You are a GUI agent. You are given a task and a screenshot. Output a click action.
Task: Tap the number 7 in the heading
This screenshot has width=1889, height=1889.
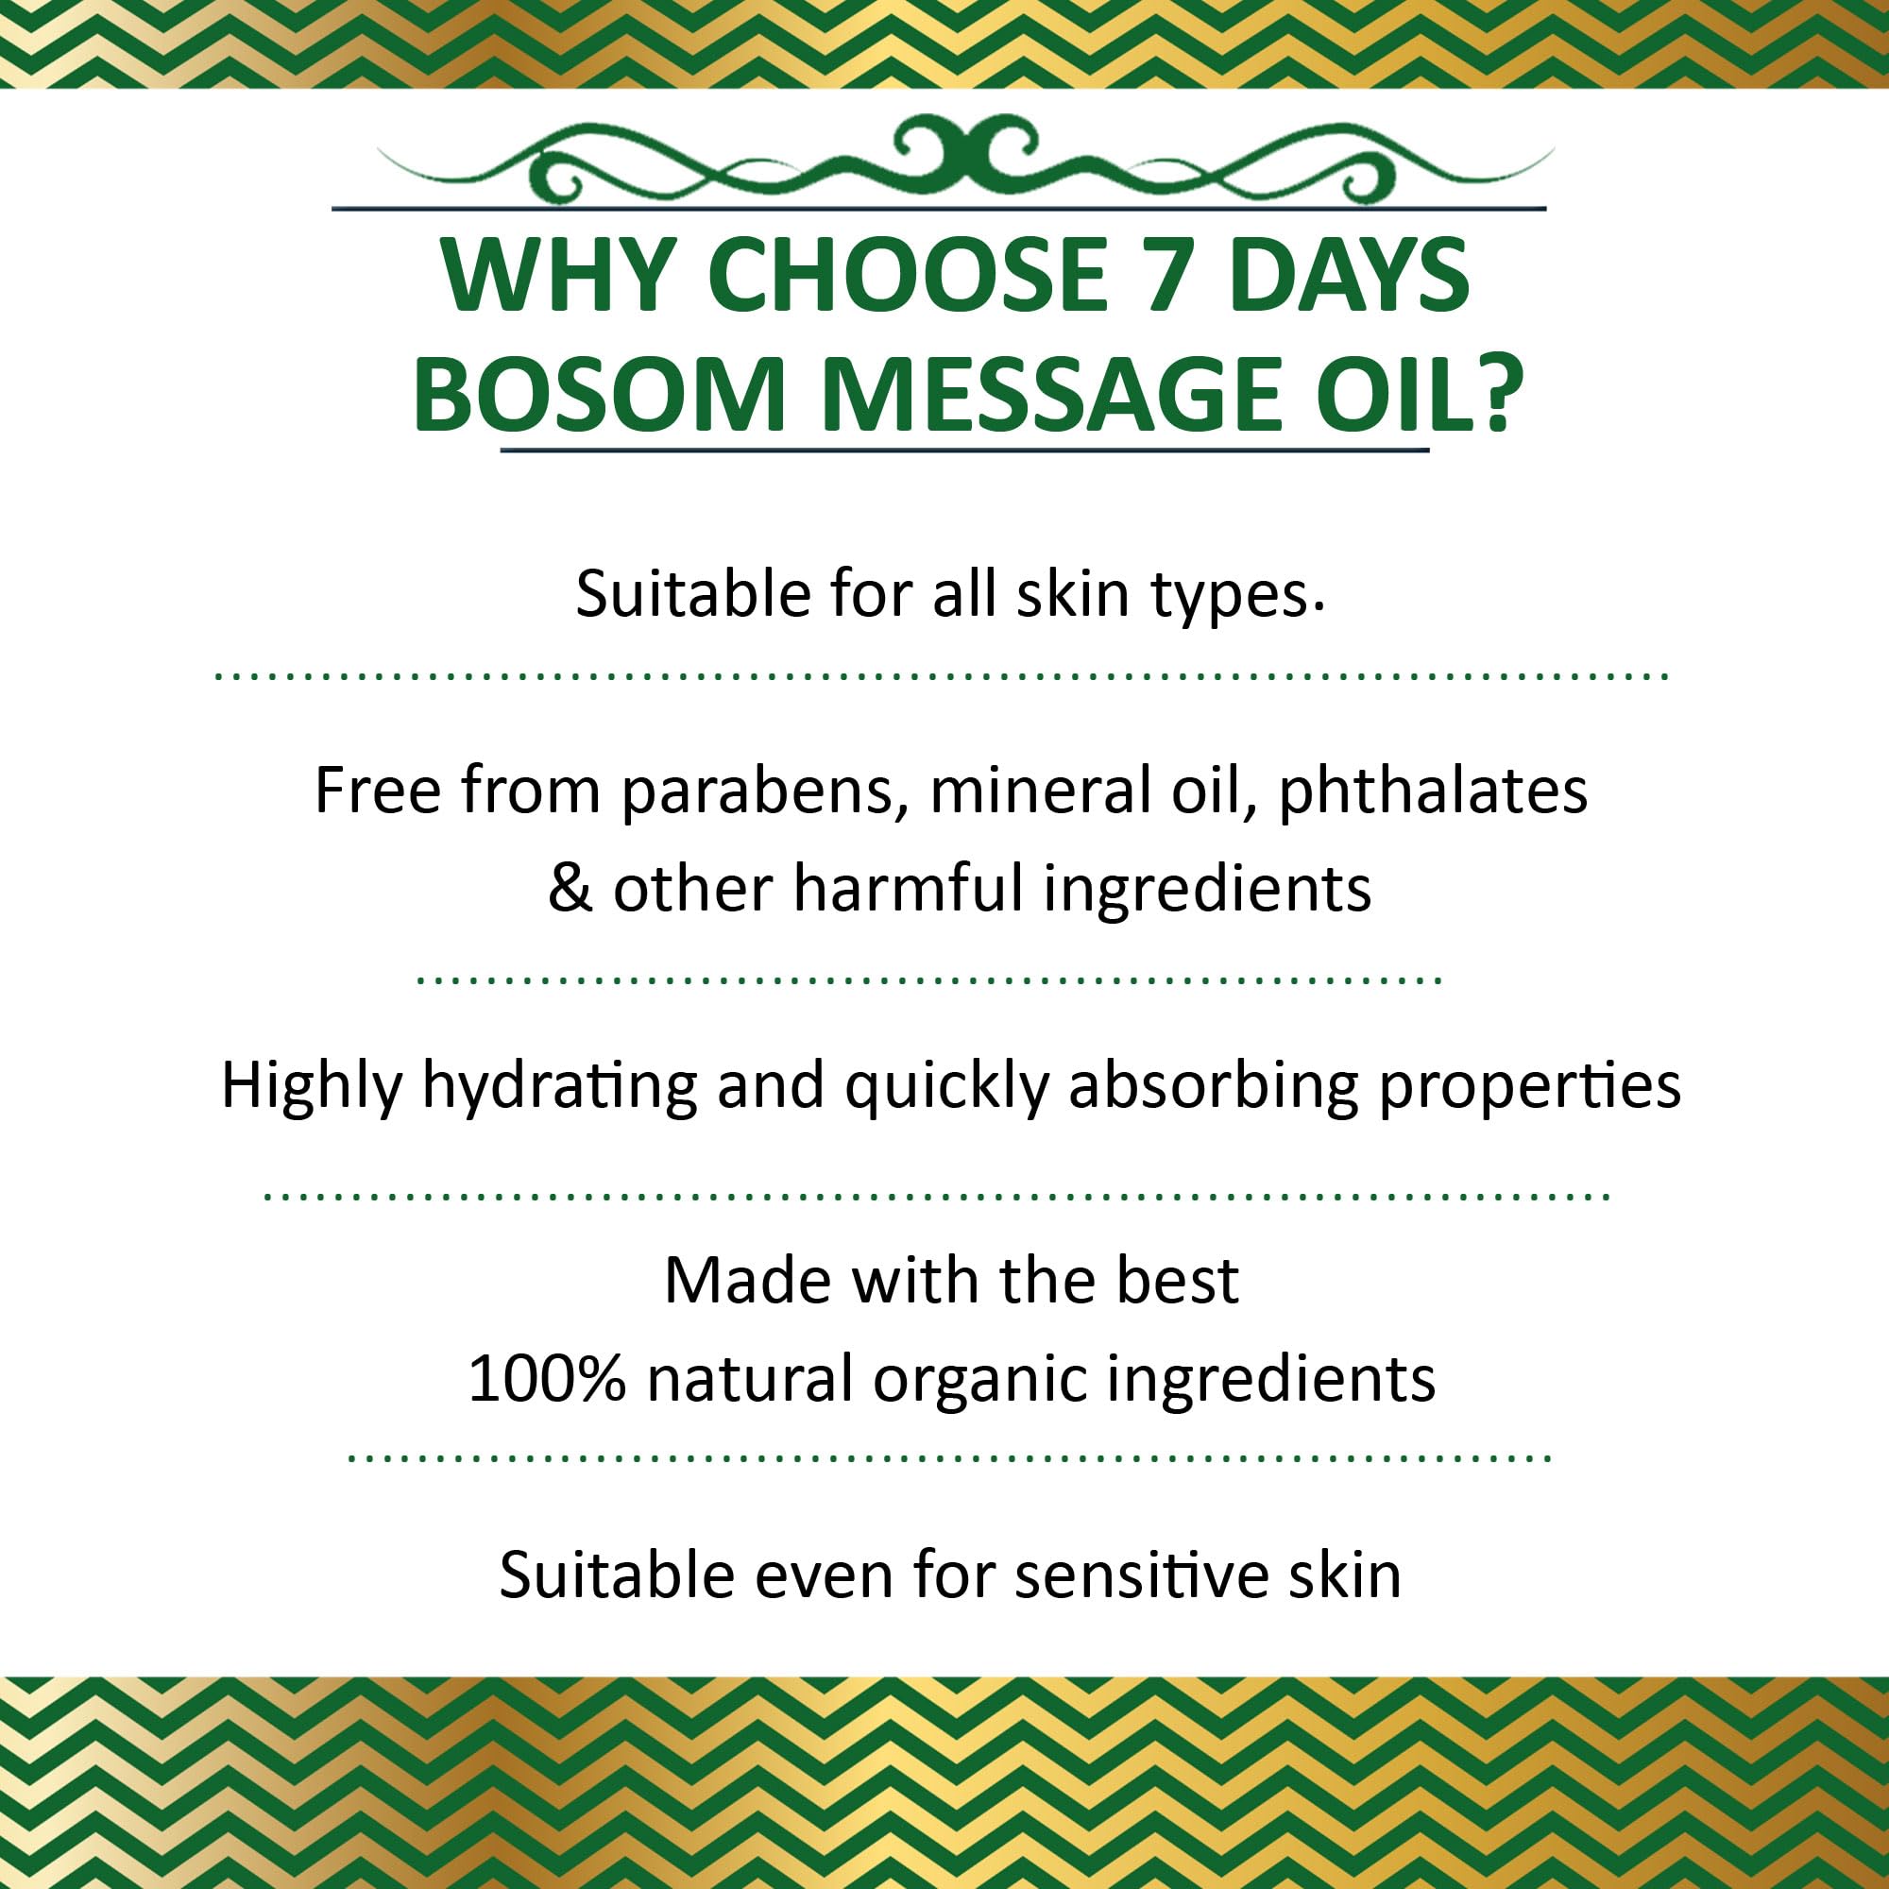(x=1169, y=275)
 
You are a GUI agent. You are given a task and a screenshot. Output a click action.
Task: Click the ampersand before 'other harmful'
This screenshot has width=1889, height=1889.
(x=569, y=889)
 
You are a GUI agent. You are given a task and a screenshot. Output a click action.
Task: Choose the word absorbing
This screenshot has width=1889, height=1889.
(x=1213, y=1086)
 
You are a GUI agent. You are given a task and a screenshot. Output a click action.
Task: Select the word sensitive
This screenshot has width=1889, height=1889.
(x=1140, y=1576)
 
